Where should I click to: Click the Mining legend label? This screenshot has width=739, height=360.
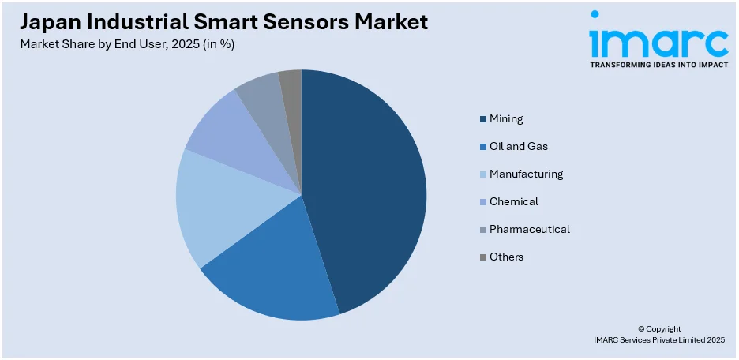pos(506,119)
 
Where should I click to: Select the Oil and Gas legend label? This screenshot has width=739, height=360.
pos(518,147)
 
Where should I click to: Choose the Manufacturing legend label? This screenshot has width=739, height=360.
pos(526,174)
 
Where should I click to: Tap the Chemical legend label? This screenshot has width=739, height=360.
pos(513,201)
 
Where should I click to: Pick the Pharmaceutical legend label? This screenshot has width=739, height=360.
pos(529,229)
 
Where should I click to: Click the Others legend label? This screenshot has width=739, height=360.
pos(506,257)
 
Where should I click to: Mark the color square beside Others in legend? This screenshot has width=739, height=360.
pos(482,257)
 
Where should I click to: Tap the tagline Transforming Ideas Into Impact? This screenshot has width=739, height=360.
pos(658,65)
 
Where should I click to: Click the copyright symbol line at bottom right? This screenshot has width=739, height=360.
pos(659,328)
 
